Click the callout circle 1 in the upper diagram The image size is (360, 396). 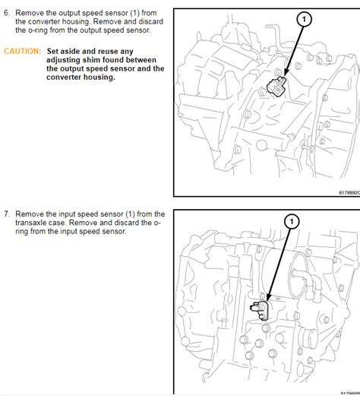(x=305, y=19)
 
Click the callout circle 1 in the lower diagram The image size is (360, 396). (x=292, y=221)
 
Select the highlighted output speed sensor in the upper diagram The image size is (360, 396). (x=276, y=87)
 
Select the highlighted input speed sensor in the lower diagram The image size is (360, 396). (x=260, y=310)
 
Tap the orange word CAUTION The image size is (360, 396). (x=22, y=51)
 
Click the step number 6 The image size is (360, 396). (x=7, y=13)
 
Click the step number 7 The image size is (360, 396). (x=7, y=214)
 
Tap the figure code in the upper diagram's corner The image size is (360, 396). (x=349, y=193)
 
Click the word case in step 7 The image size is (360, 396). (x=58, y=223)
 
